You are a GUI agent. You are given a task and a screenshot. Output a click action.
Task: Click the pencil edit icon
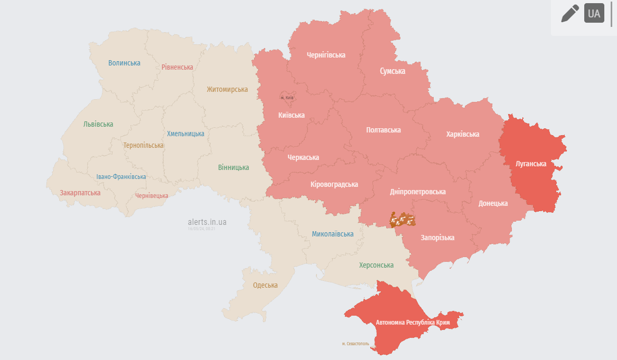pyautogui.click(x=570, y=14)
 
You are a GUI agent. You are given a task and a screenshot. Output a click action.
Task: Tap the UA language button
pyautogui.click(x=594, y=14)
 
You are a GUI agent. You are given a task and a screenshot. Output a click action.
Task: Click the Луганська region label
pyautogui.click(x=531, y=164)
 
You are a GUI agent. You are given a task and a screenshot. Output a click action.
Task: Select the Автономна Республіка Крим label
pyautogui.click(x=413, y=322)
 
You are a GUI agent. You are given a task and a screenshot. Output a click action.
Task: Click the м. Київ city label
pyautogui.click(x=287, y=98)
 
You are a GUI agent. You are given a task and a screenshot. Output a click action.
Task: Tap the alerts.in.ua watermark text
pyautogui.click(x=207, y=222)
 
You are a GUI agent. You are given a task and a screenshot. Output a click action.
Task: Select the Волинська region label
pyautogui.click(x=124, y=63)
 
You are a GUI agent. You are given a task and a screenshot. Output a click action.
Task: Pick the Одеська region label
pyautogui.click(x=265, y=285)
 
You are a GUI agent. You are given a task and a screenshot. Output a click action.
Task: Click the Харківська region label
pyautogui.click(x=463, y=134)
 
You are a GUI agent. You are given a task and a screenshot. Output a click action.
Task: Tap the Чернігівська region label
pyautogui.click(x=326, y=55)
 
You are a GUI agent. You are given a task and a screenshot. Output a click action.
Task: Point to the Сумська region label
pyautogui.click(x=392, y=71)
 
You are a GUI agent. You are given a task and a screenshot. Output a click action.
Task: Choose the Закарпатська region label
pyautogui.click(x=80, y=193)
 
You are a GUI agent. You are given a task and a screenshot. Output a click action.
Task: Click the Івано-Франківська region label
pyautogui.click(x=121, y=177)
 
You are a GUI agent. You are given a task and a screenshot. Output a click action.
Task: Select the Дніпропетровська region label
pyautogui.click(x=417, y=192)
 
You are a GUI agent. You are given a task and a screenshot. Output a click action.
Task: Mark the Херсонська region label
pyautogui.click(x=376, y=265)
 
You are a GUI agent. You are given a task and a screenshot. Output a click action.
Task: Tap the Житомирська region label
pyautogui.click(x=227, y=89)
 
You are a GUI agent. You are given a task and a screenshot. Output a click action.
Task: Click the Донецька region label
pyautogui.click(x=493, y=203)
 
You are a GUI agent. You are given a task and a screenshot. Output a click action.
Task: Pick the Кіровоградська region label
pyautogui.click(x=334, y=184)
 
